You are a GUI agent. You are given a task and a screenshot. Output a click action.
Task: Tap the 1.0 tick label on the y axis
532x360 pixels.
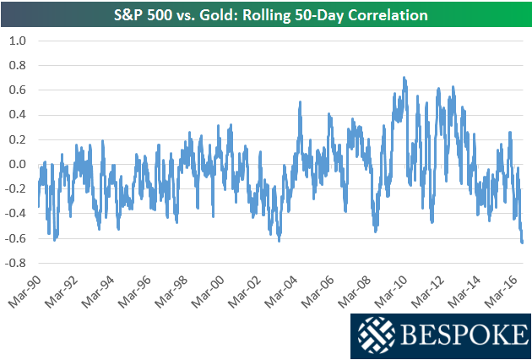point(17,41)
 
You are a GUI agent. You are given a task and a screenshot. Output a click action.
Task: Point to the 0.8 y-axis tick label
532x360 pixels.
point(17,65)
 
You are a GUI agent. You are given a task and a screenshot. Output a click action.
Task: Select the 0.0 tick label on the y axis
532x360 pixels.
point(17,164)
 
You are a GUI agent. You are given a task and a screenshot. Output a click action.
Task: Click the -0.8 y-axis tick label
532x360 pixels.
point(15,263)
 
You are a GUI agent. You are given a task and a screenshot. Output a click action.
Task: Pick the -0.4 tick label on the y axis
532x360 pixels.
point(15,214)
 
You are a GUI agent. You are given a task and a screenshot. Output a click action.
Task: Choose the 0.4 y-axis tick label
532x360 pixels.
point(17,115)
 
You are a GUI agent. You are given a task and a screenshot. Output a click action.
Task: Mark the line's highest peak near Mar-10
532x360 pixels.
point(404,78)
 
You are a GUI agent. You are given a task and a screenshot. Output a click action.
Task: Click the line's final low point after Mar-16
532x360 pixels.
point(522,243)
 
